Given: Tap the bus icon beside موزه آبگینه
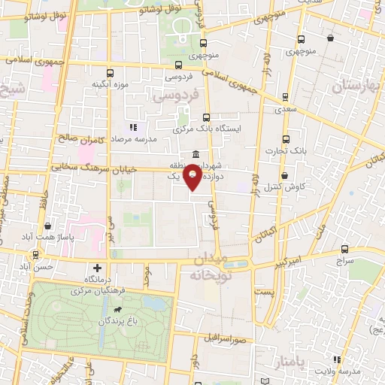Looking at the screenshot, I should [x=111, y=72].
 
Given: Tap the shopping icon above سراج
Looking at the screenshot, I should [x=344, y=249].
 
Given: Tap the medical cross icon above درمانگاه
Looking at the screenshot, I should [x=96, y=268].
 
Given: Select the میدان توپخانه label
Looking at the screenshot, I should [x=207, y=267].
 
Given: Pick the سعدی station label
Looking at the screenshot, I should [x=284, y=110].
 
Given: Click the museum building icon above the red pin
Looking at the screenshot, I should [x=196, y=155].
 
